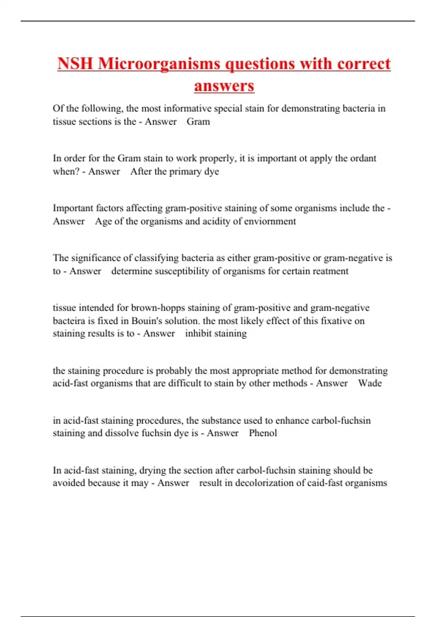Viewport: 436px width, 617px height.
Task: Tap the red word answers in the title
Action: coord(224,86)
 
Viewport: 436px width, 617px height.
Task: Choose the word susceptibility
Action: coord(182,271)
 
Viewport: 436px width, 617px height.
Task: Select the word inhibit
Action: coord(198,334)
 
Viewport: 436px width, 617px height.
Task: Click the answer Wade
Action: coord(370,383)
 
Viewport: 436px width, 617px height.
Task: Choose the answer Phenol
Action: coord(263,433)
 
